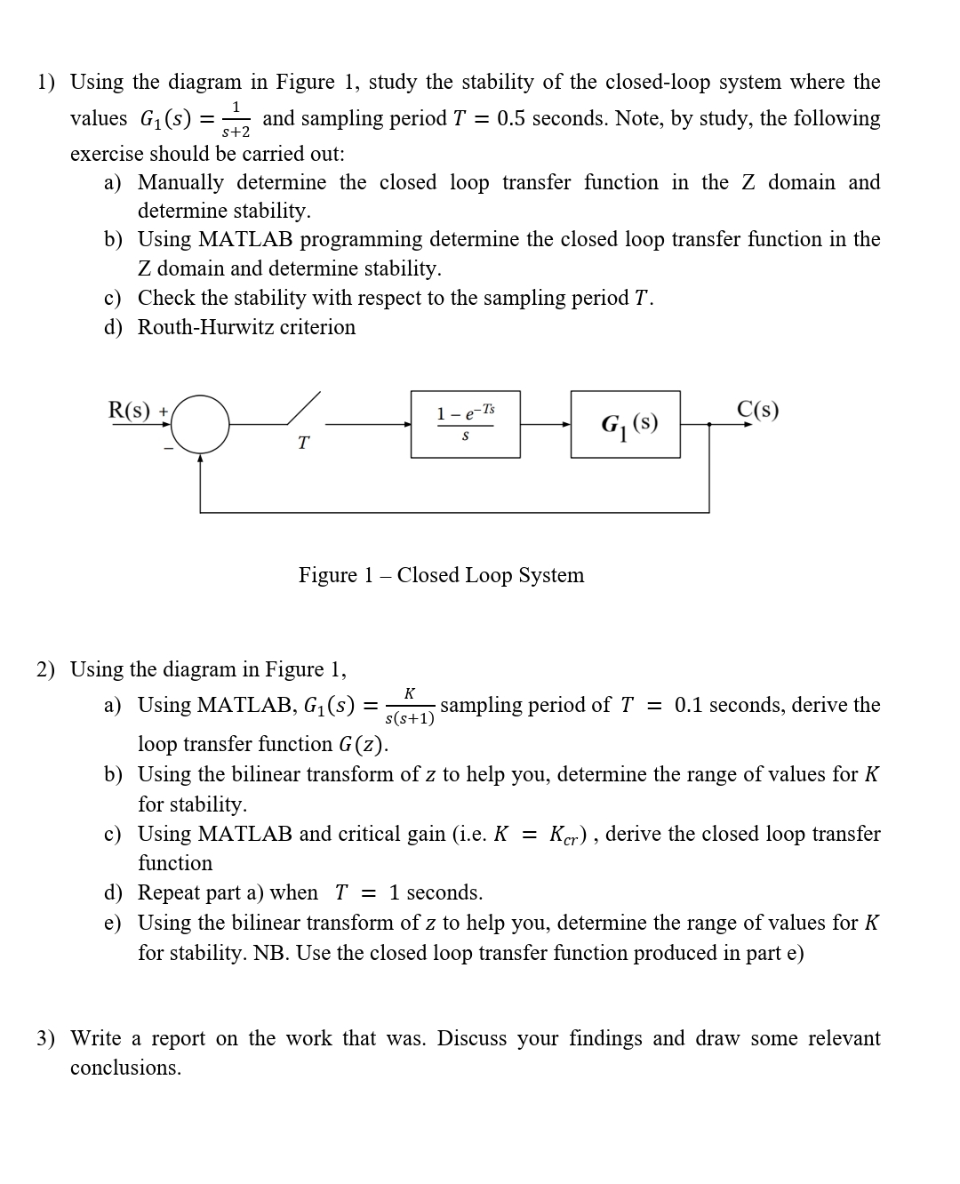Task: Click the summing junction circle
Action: (x=200, y=425)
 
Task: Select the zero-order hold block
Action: (x=466, y=424)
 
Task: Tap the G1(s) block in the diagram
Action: (x=625, y=424)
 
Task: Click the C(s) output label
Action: (x=758, y=410)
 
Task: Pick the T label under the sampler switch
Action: (x=303, y=443)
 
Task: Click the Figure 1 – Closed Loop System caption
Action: (x=441, y=575)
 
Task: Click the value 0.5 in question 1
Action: (x=512, y=118)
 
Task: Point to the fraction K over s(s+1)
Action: (x=410, y=706)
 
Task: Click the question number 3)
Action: (x=45, y=1038)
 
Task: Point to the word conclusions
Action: (x=125, y=1068)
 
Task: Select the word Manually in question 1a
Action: (x=180, y=182)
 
